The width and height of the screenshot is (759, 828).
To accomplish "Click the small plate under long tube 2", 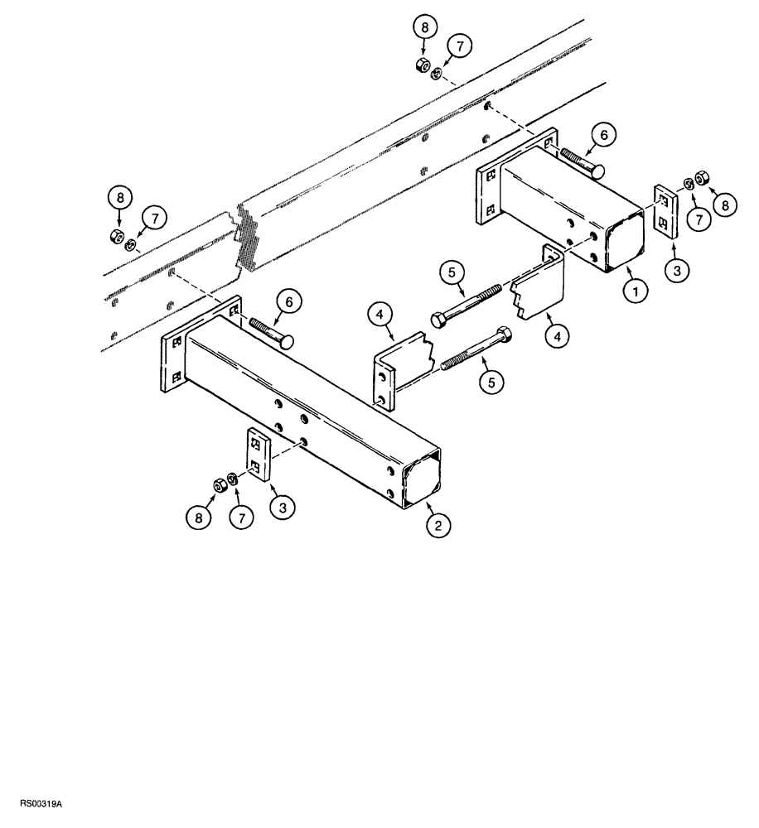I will tap(257, 455).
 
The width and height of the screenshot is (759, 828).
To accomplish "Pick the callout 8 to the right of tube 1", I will tap(726, 205).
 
